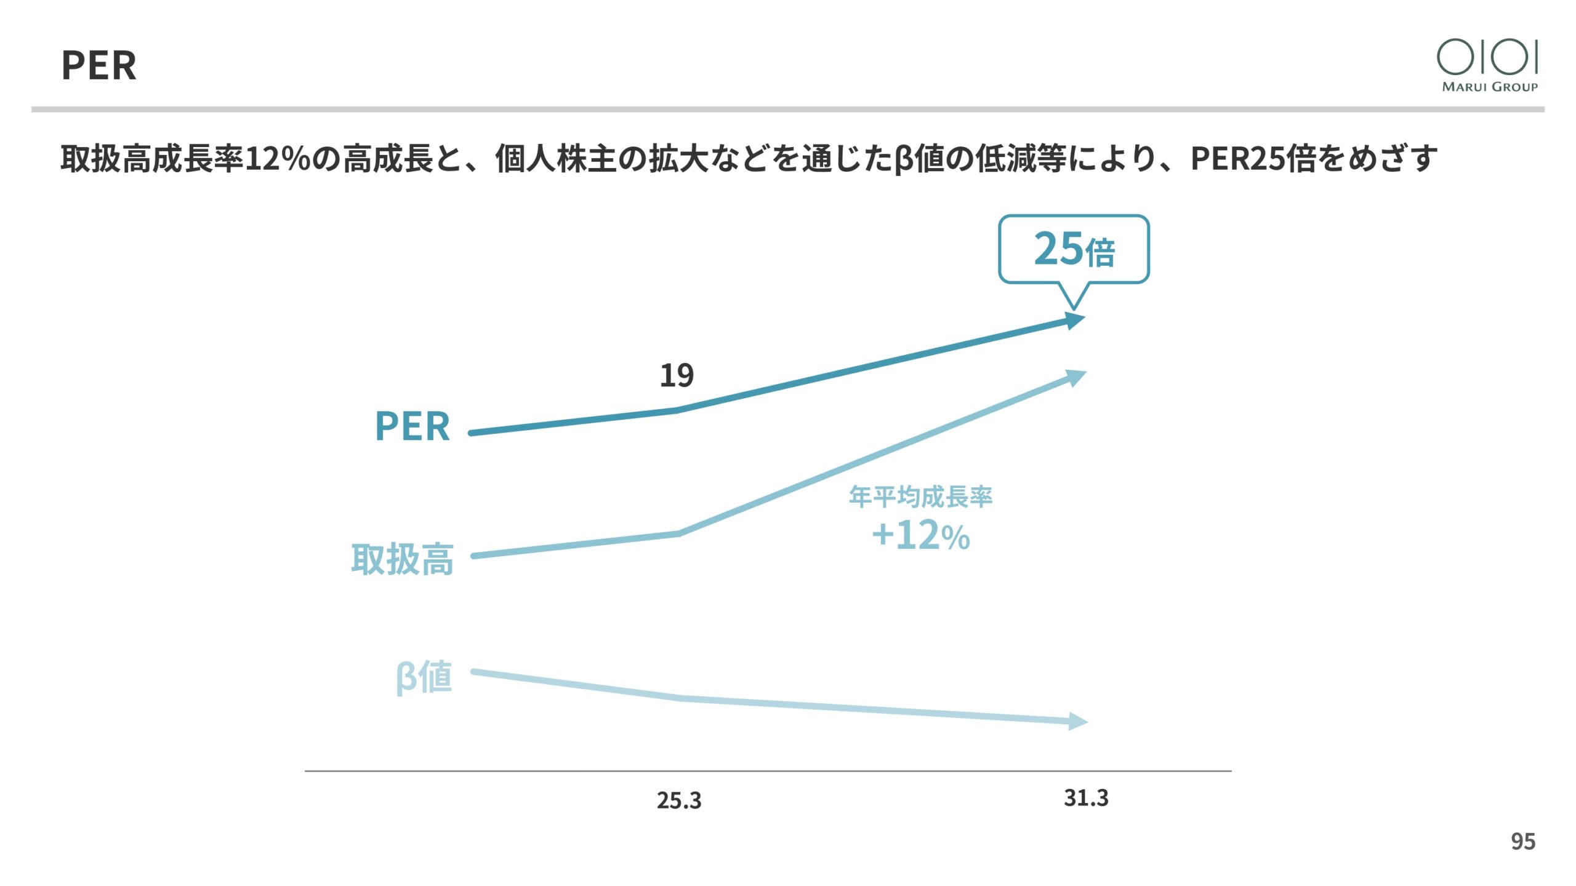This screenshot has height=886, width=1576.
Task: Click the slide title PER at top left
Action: [98, 65]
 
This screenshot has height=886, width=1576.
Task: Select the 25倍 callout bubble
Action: [1074, 249]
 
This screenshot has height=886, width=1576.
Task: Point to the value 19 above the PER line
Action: [677, 375]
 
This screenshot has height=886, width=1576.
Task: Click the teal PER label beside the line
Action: [412, 426]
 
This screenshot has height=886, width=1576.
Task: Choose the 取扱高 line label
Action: [402, 559]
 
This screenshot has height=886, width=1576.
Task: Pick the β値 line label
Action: [424, 677]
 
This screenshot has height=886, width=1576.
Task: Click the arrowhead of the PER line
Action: [1075, 320]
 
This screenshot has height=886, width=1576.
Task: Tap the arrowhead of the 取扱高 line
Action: [1076, 376]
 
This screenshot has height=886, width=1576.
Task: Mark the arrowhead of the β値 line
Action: [1077, 721]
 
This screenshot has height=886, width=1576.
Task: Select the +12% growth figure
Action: [921, 535]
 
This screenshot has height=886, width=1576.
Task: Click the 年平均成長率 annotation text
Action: [920, 497]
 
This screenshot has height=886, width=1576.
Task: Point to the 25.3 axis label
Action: [678, 800]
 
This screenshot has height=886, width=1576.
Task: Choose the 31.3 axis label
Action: [1086, 798]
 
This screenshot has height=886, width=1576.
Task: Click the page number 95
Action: [1523, 841]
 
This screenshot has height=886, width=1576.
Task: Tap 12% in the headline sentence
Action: [278, 159]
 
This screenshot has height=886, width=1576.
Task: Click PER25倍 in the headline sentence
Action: [1252, 159]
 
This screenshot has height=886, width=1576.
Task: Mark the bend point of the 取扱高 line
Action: [679, 533]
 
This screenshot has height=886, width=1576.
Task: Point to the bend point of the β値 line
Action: [681, 698]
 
